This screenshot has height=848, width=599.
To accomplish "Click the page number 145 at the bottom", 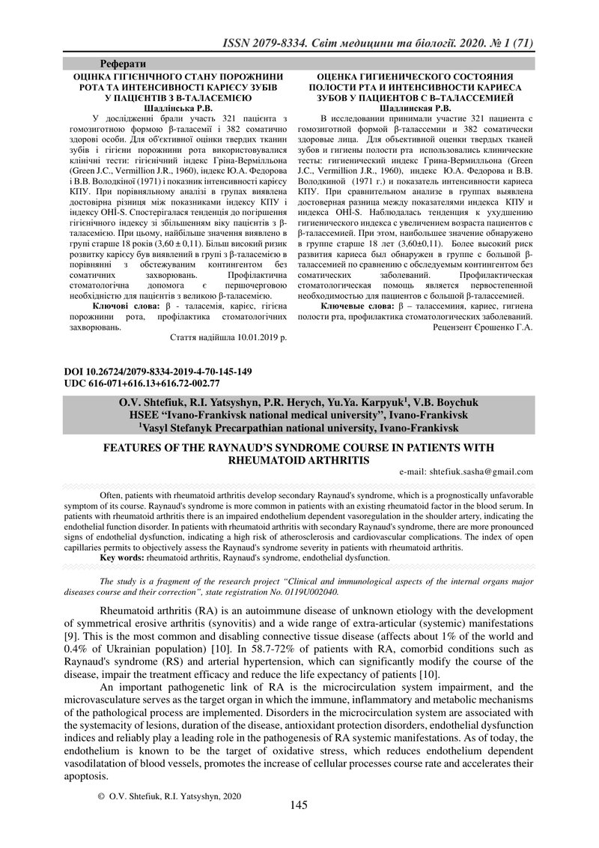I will tap(299, 805).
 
